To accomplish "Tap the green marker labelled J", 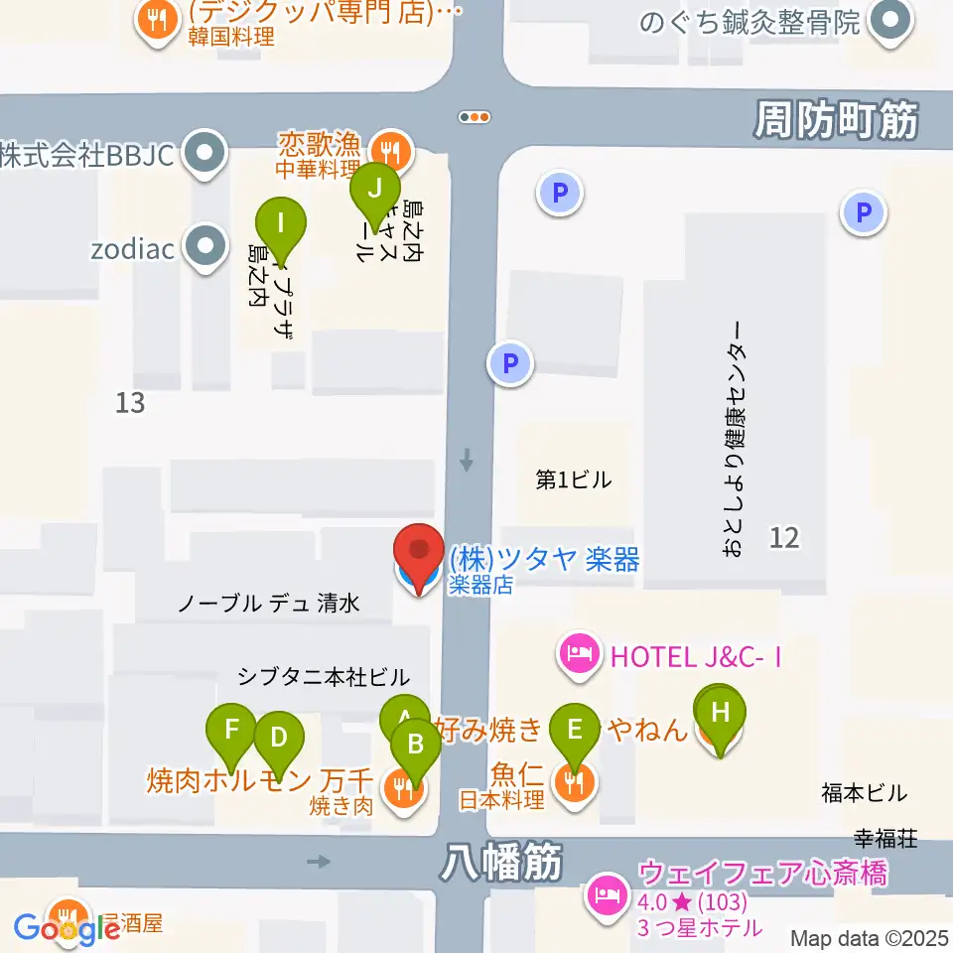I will click(x=374, y=187).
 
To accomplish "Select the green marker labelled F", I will click(x=232, y=732).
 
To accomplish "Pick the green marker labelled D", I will click(x=279, y=738).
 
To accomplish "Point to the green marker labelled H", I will click(x=722, y=713).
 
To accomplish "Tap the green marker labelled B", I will click(x=416, y=744).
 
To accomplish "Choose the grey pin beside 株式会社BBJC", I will click(x=206, y=154).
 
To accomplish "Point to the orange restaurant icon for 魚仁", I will click(x=575, y=784).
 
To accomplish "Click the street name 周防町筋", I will click(x=835, y=121).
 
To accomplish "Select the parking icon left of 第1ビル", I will click(x=510, y=364).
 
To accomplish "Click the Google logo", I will click(x=68, y=928).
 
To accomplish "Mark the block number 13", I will click(x=130, y=403).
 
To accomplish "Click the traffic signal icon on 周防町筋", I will click(x=475, y=117).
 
